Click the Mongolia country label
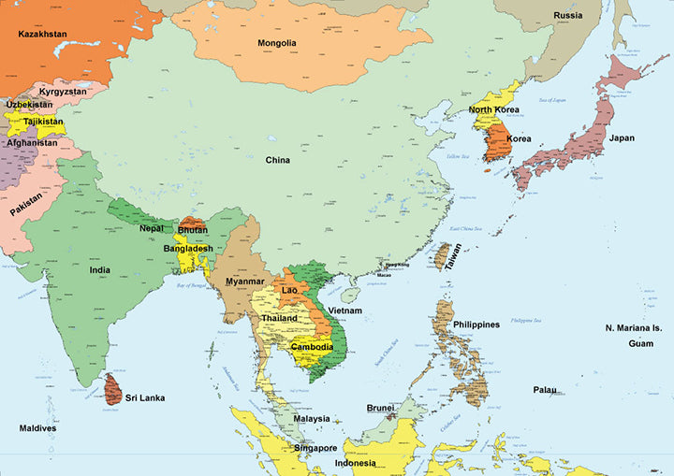277,43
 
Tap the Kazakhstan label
43,35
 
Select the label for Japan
622,138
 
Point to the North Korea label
493,110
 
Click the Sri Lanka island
113,388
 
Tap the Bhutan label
192,230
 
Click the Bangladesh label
188,249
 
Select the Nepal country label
152,228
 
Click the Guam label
640,344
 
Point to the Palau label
545,390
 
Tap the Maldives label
44,428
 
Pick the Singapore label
315,448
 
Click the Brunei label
380,408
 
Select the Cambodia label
312,347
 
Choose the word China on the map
277,160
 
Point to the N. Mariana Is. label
633,328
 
